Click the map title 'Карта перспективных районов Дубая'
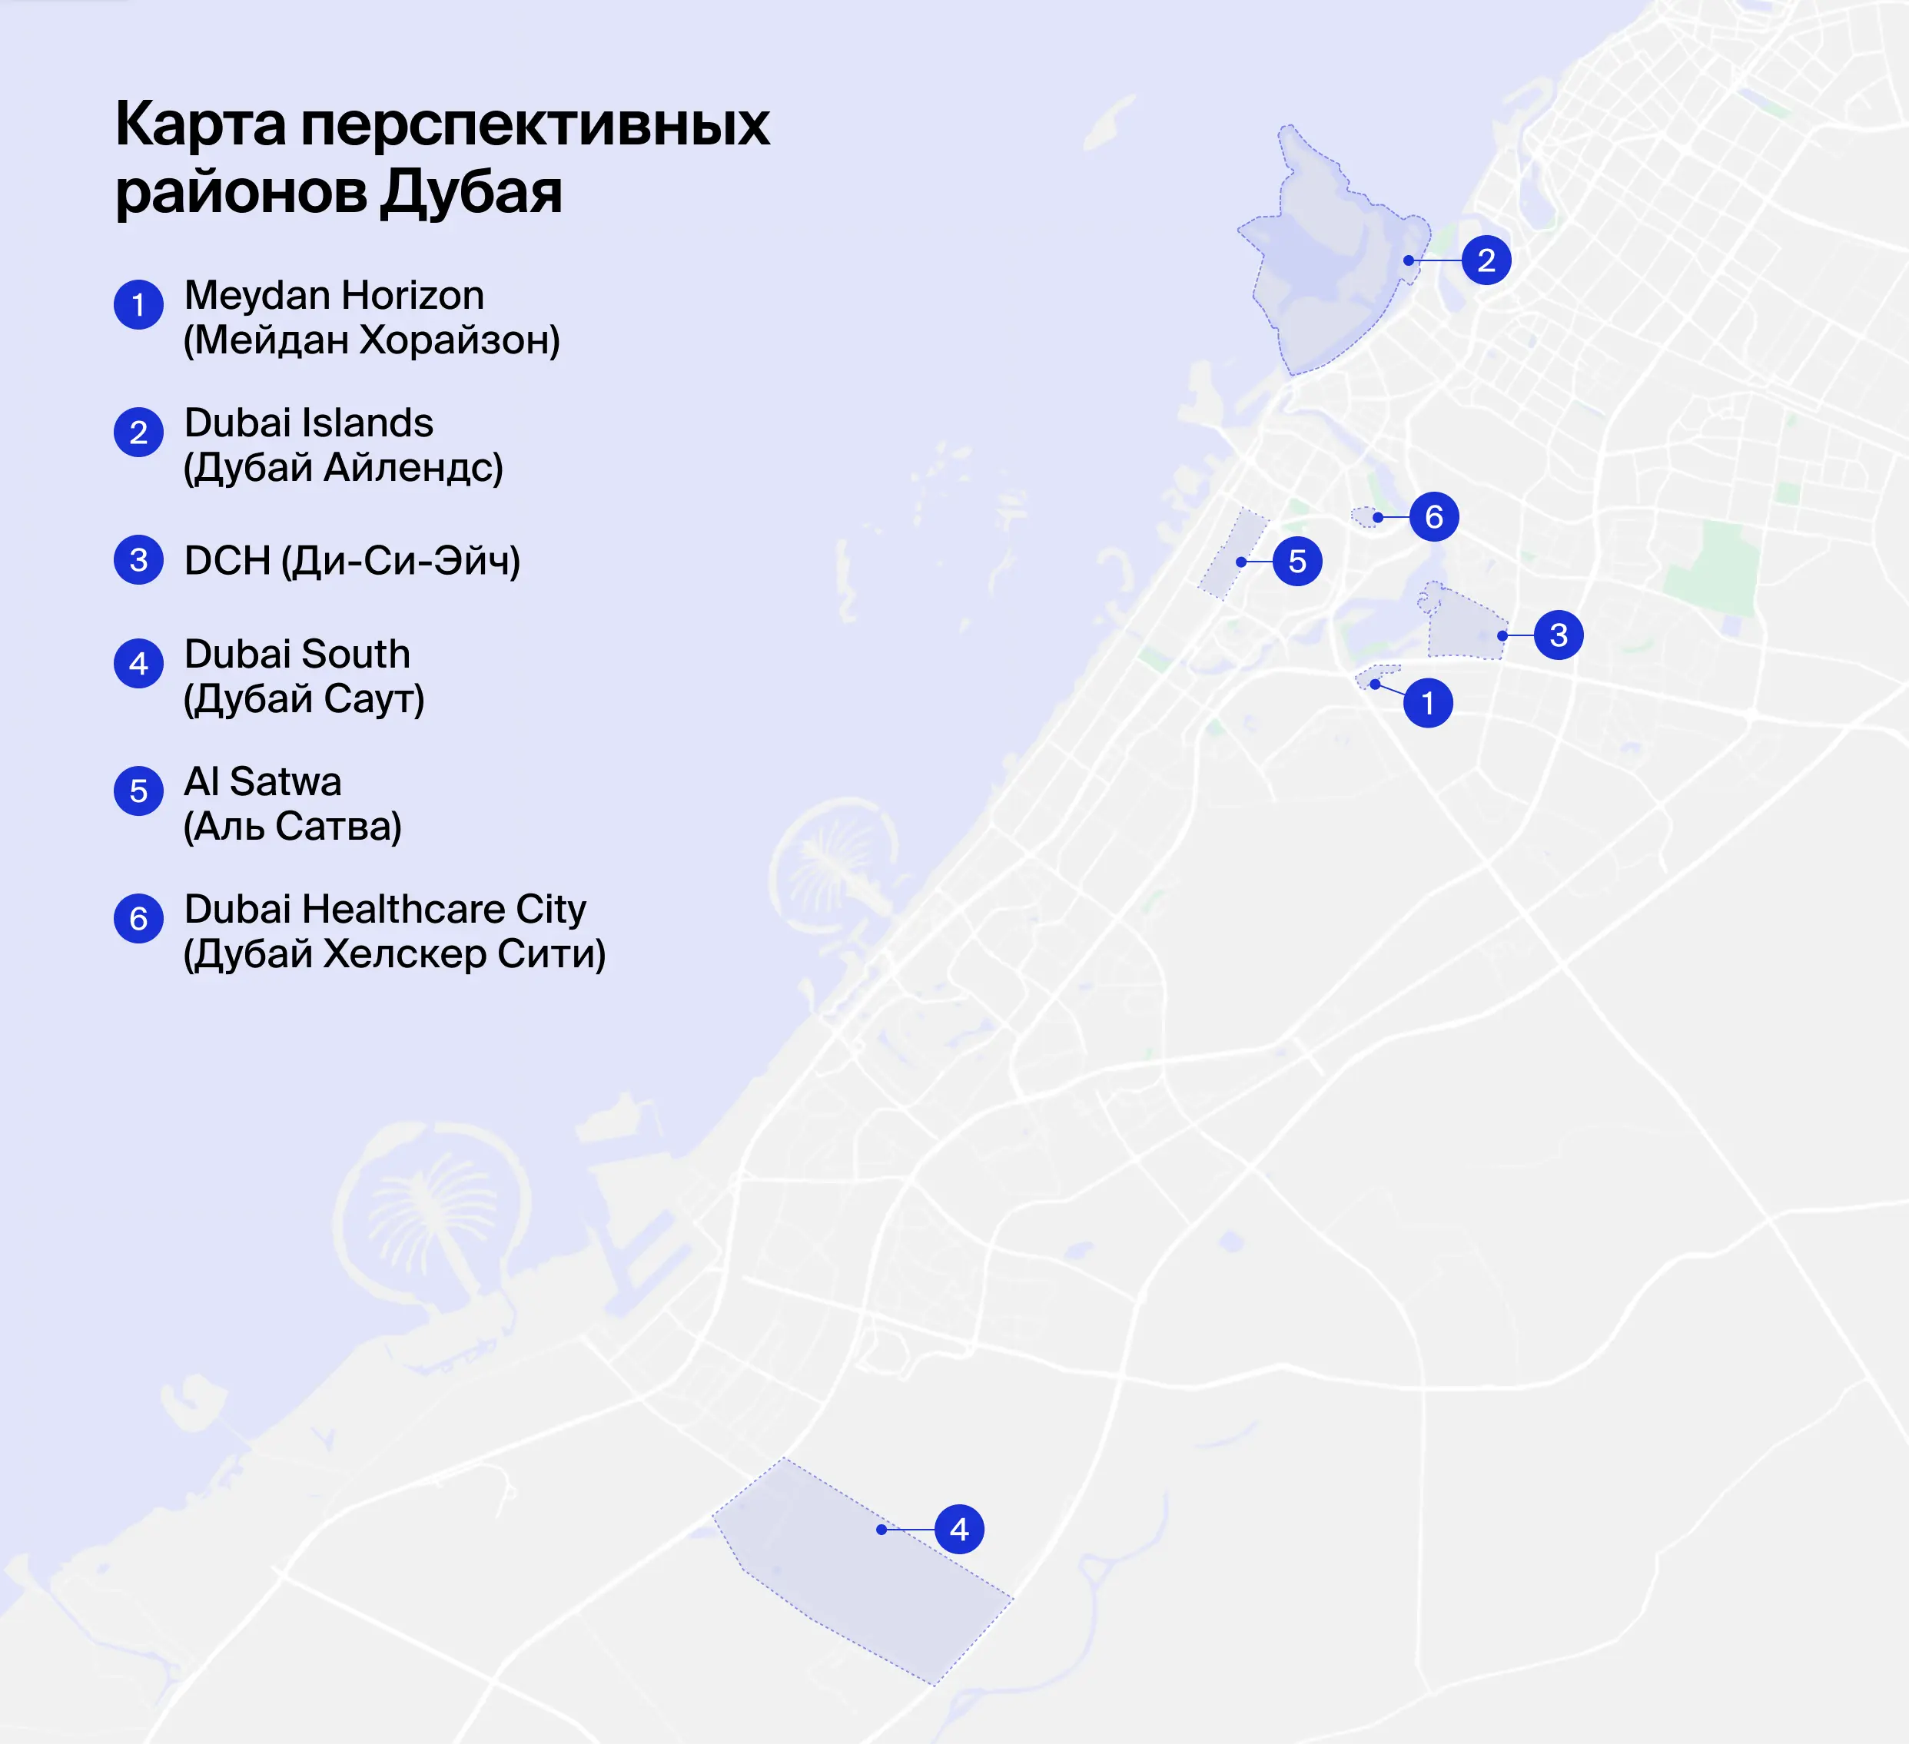(x=441, y=157)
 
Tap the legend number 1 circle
(x=138, y=305)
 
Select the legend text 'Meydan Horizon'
(x=334, y=295)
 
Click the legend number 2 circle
(x=138, y=433)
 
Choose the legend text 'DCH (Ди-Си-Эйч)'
(x=351, y=561)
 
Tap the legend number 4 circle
(x=138, y=664)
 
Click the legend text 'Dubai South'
(x=297, y=655)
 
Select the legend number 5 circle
(x=138, y=791)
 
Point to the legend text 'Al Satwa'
(x=262, y=782)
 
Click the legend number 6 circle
(x=138, y=918)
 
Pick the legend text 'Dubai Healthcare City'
(x=384, y=909)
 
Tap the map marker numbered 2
(x=1486, y=260)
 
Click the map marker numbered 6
(x=1433, y=517)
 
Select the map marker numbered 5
(x=1297, y=562)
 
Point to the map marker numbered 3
(x=1559, y=635)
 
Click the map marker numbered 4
(x=959, y=1529)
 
